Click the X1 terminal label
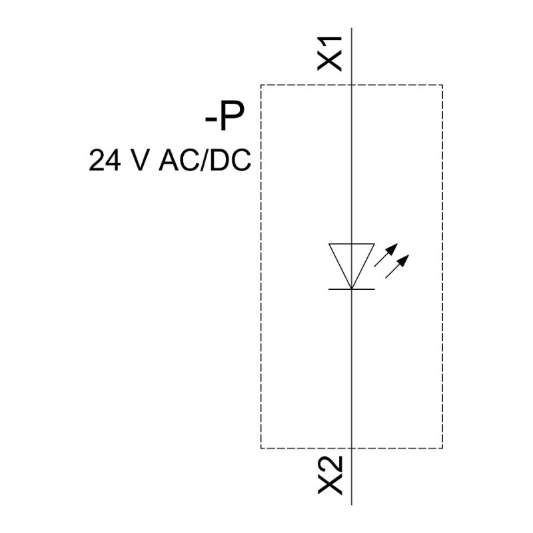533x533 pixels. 329,53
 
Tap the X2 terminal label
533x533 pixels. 330,475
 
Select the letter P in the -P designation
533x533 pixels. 231,115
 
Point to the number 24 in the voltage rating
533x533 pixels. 105,160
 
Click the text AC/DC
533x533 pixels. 205,160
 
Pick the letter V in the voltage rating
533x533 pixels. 139,160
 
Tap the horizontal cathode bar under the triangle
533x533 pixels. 352,289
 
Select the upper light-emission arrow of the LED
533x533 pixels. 386,255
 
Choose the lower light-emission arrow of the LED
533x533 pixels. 397,266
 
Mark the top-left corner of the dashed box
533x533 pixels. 261,85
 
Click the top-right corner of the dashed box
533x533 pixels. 442,85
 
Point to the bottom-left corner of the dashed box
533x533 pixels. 261,448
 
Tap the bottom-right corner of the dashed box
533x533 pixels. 442,448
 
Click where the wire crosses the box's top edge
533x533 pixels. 352,85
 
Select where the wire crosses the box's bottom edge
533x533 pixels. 352,448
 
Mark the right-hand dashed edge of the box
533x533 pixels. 442,266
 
